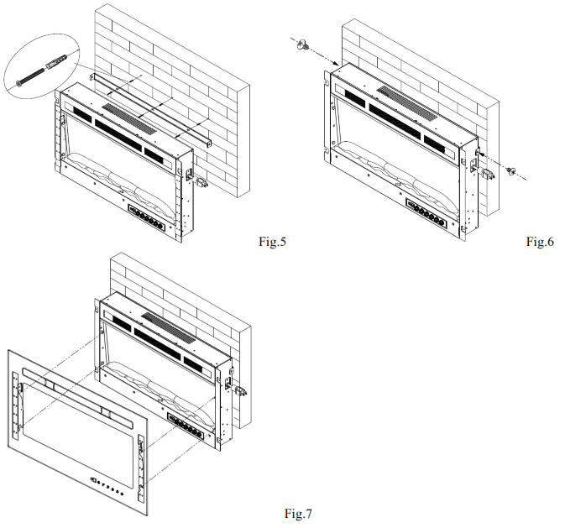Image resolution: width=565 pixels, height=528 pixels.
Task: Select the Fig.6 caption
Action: (540, 242)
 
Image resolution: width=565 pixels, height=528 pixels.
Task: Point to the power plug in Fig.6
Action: (484, 165)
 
